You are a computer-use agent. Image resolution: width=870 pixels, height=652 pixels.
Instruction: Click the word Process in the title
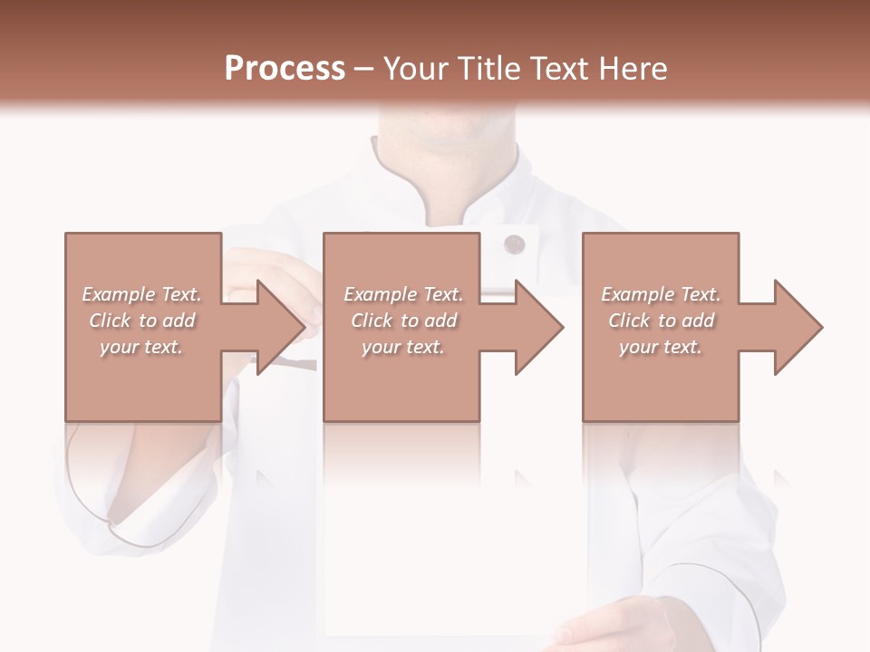tap(285, 69)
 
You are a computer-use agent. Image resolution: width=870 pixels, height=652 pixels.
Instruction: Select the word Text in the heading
tap(558, 69)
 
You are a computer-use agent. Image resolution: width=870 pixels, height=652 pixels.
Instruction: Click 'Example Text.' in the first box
tap(141, 294)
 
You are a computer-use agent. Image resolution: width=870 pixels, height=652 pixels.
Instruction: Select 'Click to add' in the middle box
tap(403, 321)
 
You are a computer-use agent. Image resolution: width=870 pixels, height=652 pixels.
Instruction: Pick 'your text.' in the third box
tap(661, 347)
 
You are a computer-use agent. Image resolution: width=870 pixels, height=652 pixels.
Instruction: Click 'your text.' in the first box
tap(141, 347)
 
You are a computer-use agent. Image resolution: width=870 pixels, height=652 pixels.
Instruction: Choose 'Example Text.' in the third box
tap(661, 294)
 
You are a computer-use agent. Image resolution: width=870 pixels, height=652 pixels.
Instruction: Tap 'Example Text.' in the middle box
tap(403, 294)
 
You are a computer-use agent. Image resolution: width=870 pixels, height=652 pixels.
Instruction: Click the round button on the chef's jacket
tap(514, 243)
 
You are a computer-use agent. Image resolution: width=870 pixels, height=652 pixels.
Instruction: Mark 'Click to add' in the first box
tap(141, 321)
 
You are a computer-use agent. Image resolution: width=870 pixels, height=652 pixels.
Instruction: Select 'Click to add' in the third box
tap(661, 321)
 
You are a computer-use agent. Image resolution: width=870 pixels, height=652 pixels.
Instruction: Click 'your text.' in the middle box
tap(403, 347)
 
